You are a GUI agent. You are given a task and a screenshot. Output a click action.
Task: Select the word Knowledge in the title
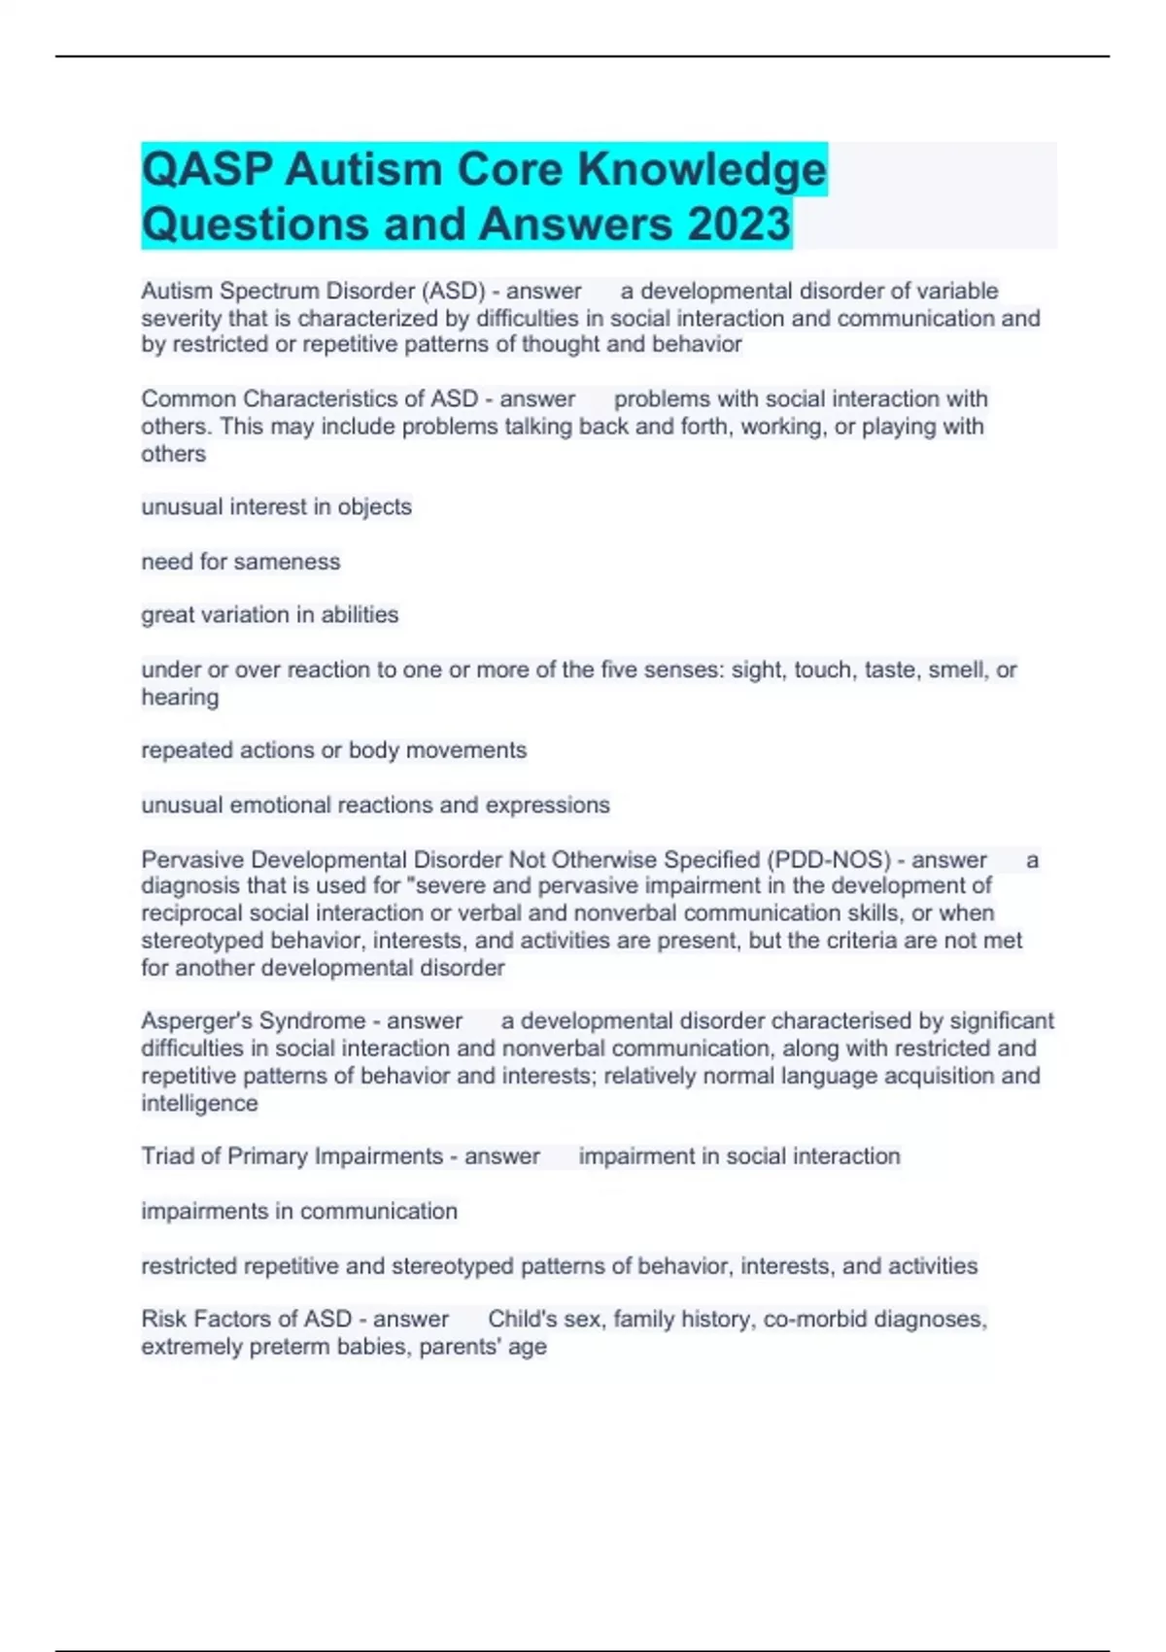[702, 170]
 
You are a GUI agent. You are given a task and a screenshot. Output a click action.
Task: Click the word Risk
[164, 1319]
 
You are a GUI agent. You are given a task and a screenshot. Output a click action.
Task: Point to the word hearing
[180, 697]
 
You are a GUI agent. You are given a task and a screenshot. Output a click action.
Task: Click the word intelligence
[199, 1103]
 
